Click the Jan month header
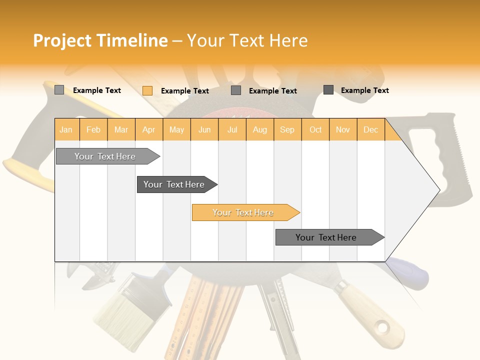(66, 129)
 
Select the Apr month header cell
(149, 129)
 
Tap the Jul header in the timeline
(232, 129)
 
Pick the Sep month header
(287, 129)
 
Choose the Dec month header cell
(370, 129)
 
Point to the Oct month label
(315, 129)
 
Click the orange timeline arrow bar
(245, 212)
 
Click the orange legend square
(147, 90)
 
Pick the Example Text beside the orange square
(184, 91)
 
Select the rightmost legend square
(328, 90)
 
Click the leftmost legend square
(59, 90)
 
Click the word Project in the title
(62, 40)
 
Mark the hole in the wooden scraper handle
(382, 328)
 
